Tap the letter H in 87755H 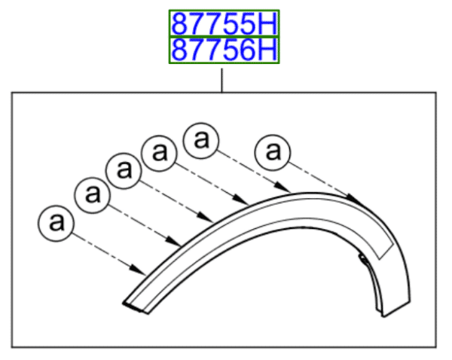coord(268,24)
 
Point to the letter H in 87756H coord(268,50)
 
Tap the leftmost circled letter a coord(55,223)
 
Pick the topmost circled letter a coord(201,139)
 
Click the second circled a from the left coord(92,194)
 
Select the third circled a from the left coord(124,169)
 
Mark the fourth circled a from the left coord(160,151)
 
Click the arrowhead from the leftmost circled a coord(141,269)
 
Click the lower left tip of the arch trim coord(127,304)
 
